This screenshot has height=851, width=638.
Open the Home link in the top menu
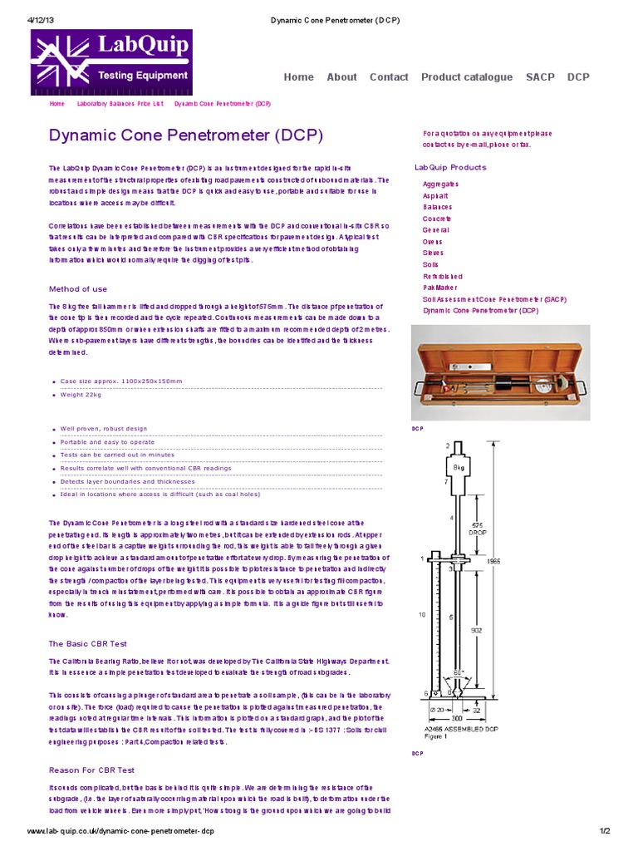pyautogui.click(x=298, y=77)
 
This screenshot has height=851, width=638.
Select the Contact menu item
pyautogui.click(x=389, y=77)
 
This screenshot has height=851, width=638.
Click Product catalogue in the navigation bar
pyautogui.click(x=466, y=77)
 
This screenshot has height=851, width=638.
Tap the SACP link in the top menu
pyautogui.click(x=540, y=77)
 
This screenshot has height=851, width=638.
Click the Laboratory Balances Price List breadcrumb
pyautogui.click(x=120, y=105)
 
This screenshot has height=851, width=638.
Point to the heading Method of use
pyautogui.click(x=77, y=289)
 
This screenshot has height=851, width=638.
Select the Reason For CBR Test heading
pyautogui.click(x=91, y=770)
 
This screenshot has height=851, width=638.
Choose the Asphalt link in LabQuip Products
pyautogui.click(x=435, y=195)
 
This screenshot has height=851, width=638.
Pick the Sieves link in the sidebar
pyautogui.click(x=434, y=253)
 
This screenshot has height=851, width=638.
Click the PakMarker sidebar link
pyautogui.click(x=440, y=288)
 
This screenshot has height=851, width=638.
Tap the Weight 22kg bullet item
pyautogui.click(x=81, y=395)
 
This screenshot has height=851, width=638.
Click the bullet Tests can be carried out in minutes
pyautogui.click(x=117, y=455)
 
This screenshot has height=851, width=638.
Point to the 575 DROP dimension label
pyautogui.click(x=477, y=529)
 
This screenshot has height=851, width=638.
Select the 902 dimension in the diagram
pyautogui.click(x=477, y=630)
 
